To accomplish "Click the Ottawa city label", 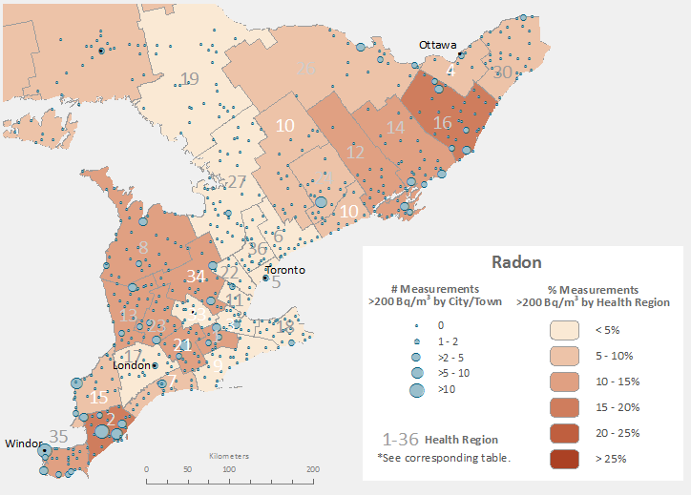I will (438, 45).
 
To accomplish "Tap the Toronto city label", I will (286, 270).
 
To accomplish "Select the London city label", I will (133, 365).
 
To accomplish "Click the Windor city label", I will (23, 443).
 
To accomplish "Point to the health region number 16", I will (443, 123).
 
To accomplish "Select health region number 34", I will (197, 277).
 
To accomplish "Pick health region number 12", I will (355, 153).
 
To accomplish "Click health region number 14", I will (395, 128).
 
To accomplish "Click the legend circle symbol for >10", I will (416, 390).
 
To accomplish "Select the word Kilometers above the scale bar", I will (229, 456).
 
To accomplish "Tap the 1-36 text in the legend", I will (401, 440).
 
